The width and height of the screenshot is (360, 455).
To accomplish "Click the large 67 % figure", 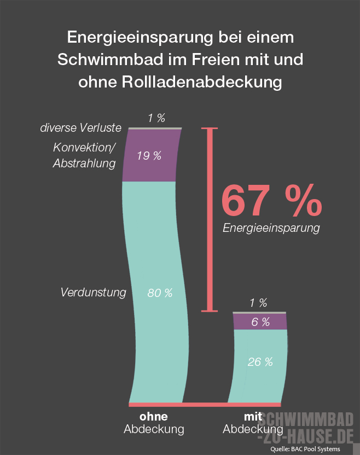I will click(271, 201).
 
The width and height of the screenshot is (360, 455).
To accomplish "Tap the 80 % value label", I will click(160, 293).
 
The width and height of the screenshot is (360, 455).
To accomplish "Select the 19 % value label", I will click(149, 156).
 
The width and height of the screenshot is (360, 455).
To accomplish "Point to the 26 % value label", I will click(260, 361).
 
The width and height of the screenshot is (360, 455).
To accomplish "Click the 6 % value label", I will click(260, 322).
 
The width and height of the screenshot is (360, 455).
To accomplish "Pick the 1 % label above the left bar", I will click(156, 118).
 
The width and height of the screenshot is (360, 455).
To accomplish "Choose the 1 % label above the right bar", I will click(258, 303).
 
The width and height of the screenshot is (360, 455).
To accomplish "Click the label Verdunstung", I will click(93, 292).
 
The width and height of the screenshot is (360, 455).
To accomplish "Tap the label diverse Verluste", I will click(80, 128).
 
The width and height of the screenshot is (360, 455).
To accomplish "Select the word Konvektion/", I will click(85, 147).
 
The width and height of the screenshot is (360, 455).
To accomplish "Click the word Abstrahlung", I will click(84, 164).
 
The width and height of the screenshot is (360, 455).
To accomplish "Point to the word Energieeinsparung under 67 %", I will click(271, 227).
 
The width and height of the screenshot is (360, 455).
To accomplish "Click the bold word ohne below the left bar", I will click(154, 417).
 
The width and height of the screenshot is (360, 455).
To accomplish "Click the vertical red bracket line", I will click(209, 219).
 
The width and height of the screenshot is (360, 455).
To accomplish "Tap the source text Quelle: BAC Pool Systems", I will click(305, 449).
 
